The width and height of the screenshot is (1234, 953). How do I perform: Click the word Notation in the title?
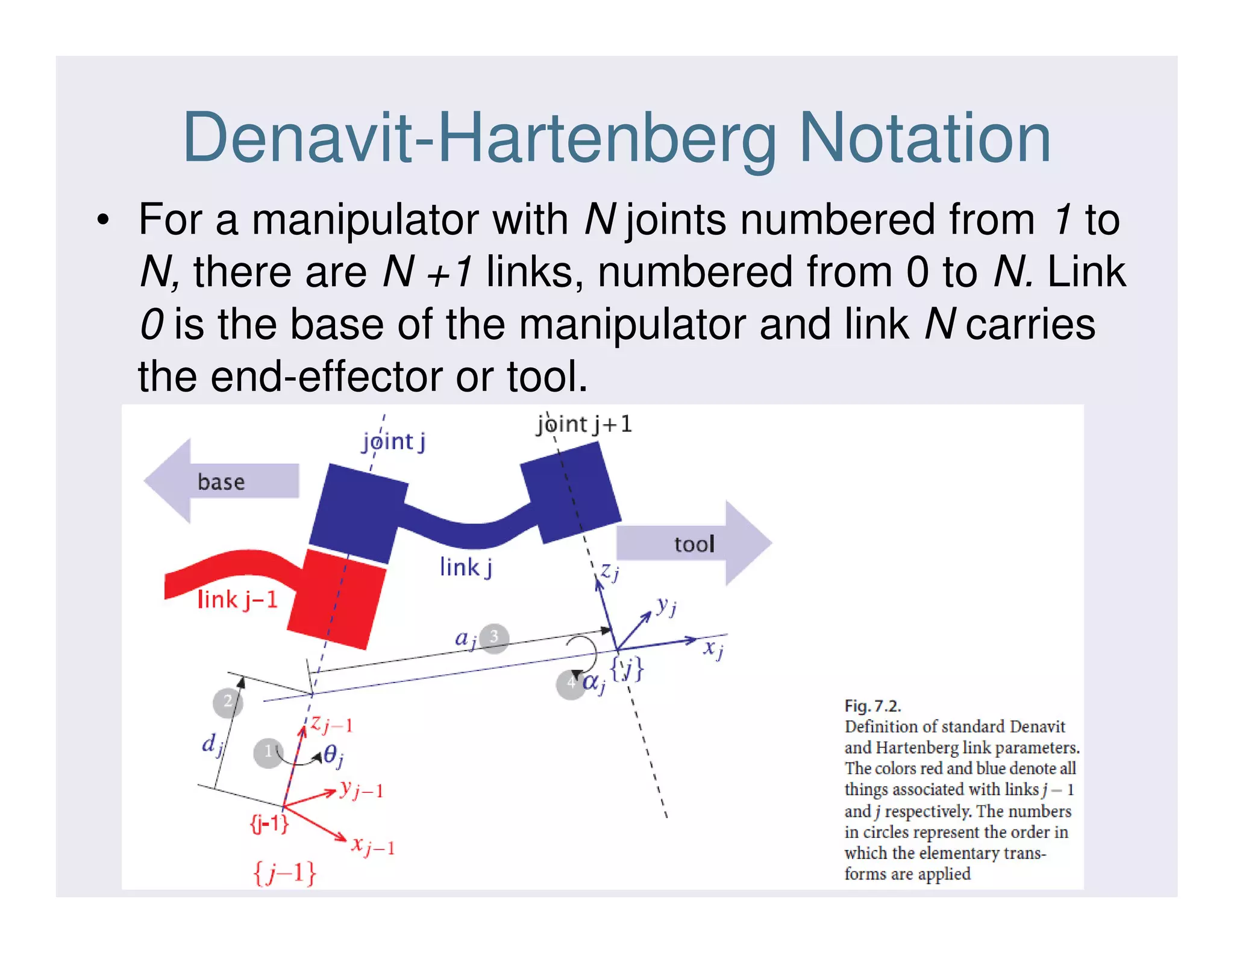924,139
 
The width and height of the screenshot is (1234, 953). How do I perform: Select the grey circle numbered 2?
228,702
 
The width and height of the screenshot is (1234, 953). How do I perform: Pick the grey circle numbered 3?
494,637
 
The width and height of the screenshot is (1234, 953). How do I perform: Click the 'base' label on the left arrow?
221,482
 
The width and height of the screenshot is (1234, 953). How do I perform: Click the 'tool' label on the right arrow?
694,544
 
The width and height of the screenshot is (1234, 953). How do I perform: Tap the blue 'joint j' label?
393,442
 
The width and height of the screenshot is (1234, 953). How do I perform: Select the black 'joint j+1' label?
584,425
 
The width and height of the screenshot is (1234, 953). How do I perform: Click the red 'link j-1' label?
237,599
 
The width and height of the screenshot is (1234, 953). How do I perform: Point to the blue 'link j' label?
466,567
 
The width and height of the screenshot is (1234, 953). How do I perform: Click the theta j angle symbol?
333,755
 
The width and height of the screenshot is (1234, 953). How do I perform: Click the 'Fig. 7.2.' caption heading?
872,705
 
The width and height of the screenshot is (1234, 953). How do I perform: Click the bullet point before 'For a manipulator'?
104,220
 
